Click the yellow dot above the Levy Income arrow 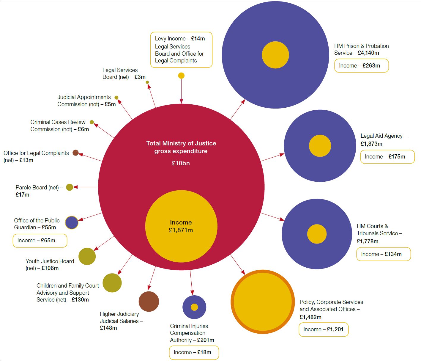coord(181,76)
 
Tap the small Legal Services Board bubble coord(147,82)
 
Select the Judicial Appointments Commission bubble coord(116,98)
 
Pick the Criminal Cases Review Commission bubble coord(92,122)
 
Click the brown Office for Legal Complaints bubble coord(75,153)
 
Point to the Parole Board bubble coord(70,187)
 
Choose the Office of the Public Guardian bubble coord(72,222)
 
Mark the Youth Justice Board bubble coord(87,256)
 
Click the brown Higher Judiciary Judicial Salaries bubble coord(149,302)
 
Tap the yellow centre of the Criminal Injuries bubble coord(194,307)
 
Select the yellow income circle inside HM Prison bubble coord(275,55)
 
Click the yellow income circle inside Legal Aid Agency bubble coord(320,146)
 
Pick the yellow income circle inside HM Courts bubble coord(317,234)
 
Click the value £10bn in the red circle coord(181,163)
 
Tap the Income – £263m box coord(361,66)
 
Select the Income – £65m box coord(40,241)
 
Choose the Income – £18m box coord(194,352)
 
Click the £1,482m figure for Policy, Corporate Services coord(310,317)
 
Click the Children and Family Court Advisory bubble coord(112,283)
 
